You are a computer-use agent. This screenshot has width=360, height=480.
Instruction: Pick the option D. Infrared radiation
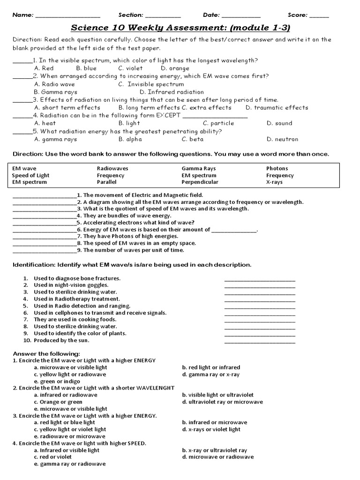coord(172,92)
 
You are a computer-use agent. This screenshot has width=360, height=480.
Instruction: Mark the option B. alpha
coord(130,139)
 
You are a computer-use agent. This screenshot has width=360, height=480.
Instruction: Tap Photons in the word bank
coord(277,168)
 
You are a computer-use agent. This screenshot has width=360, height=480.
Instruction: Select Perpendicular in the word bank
coord(200,182)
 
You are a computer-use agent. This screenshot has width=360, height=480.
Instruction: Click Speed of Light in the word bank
coord(30,175)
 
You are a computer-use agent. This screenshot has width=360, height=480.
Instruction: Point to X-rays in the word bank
coord(274,182)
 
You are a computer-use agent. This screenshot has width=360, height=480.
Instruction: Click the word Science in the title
coord(90,29)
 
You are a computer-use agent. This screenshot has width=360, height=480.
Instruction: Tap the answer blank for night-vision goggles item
coord(260,287)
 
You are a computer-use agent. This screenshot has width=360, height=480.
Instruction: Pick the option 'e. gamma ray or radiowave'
coord(69,464)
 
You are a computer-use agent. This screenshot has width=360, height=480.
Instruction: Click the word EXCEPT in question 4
coord(168,115)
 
